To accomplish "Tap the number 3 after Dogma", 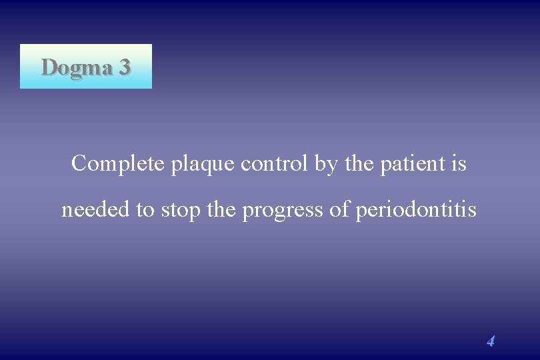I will [124, 67].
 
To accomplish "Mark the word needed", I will [96, 210].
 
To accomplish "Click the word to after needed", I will [145, 211].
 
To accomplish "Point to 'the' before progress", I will [222, 210].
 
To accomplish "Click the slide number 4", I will [491, 341].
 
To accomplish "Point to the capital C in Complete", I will [79, 163].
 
